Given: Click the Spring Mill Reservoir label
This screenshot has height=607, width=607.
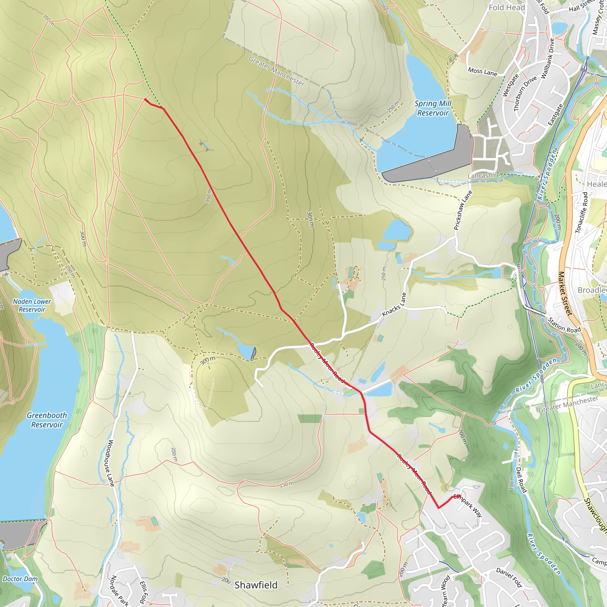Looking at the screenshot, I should (433, 108).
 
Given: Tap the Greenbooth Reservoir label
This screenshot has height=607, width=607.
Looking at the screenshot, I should (47, 420).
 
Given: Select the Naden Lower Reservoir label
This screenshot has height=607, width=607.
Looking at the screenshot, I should (32, 305).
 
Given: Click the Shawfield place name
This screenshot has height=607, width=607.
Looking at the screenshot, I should (256, 585).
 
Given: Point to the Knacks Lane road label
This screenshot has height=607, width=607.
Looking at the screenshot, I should (394, 304).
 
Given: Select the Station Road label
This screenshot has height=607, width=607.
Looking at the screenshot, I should (564, 325).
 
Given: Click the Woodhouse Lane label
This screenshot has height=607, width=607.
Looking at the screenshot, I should (111, 463).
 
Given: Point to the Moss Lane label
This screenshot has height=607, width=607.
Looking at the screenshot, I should (483, 72).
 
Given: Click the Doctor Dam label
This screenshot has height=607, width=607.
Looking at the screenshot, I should (20, 579).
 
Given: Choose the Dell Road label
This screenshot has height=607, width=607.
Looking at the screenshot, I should (521, 480).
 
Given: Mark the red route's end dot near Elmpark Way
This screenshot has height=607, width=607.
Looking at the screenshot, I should (459, 496).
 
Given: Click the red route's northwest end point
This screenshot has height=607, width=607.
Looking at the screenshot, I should (145, 99).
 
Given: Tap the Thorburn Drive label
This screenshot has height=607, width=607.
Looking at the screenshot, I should (525, 94).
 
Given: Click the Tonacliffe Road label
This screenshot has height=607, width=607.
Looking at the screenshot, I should (581, 213).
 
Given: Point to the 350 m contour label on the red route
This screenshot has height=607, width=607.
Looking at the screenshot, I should (209, 195).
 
